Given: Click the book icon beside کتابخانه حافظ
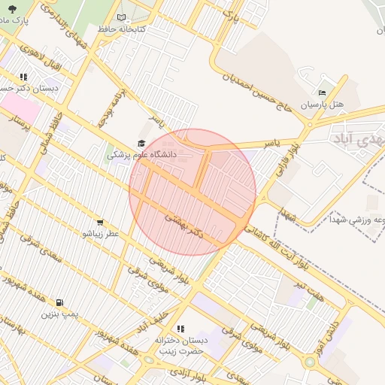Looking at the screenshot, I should coord(122,17).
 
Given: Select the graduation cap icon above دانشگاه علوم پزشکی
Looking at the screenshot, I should coord(141,144).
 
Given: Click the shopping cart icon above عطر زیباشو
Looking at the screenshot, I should coord(100,223).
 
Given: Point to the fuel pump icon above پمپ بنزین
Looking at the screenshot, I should coord(59,302).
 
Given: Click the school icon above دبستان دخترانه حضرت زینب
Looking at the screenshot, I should coord(180,329).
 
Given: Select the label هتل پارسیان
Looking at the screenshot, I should coord(322,105).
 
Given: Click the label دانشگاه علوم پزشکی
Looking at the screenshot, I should coord(141,155).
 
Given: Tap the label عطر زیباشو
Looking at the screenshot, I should coord(101,234).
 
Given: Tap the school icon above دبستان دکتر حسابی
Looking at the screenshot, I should coord(23,77).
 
